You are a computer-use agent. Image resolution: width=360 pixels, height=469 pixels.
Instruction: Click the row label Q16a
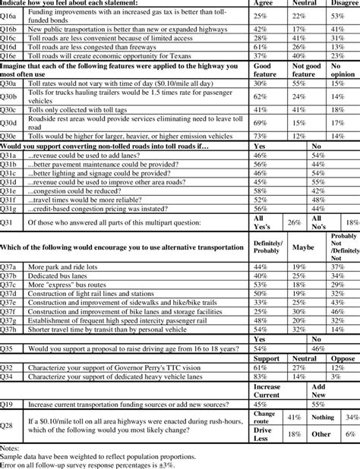(x=11, y=16)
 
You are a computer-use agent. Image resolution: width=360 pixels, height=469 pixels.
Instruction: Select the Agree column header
(x=266, y=3)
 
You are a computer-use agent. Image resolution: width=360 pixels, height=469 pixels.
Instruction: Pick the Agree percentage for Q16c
(x=261, y=36)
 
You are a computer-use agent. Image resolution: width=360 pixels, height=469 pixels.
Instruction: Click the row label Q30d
(x=11, y=122)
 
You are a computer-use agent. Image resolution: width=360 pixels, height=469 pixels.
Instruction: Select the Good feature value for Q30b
(x=261, y=97)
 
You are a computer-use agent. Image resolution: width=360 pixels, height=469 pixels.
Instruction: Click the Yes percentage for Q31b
(x=261, y=163)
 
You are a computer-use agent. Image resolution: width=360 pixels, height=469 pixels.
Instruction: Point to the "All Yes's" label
(x=265, y=222)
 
